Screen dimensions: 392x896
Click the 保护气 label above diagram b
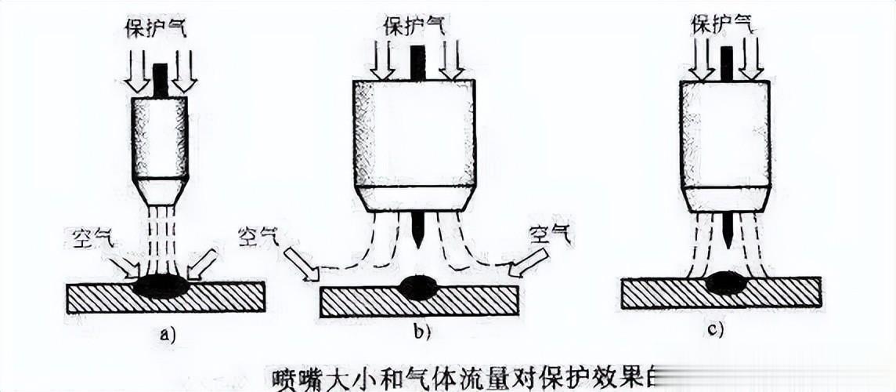(x=414, y=25)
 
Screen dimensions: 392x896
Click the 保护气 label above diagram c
(x=723, y=24)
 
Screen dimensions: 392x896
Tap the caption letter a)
(x=164, y=334)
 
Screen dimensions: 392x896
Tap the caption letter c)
(x=714, y=330)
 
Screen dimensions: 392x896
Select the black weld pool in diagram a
(x=161, y=286)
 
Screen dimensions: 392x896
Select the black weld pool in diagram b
(x=419, y=287)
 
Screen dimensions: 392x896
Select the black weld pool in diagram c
(x=726, y=283)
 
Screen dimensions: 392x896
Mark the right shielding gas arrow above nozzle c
(x=750, y=60)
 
